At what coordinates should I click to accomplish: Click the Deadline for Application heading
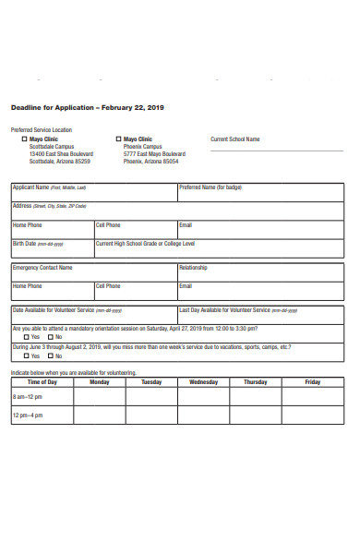(x=87, y=107)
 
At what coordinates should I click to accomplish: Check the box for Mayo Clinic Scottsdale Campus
(x=24, y=139)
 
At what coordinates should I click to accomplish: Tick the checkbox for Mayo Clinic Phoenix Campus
(x=117, y=139)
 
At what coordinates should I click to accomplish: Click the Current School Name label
(x=235, y=139)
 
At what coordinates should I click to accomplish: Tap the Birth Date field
(x=53, y=248)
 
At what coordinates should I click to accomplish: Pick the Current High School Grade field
(x=219, y=248)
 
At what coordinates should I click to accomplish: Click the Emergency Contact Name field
(x=93, y=272)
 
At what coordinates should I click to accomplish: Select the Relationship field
(x=259, y=272)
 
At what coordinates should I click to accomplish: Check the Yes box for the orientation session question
(x=26, y=337)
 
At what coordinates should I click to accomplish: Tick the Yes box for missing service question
(x=26, y=355)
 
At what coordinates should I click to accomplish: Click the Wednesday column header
(x=203, y=381)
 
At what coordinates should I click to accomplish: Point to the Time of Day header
(x=42, y=381)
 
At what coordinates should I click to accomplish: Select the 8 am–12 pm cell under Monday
(x=99, y=396)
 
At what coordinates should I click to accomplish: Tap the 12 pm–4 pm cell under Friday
(x=312, y=415)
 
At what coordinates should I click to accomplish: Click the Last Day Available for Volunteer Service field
(x=259, y=314)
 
